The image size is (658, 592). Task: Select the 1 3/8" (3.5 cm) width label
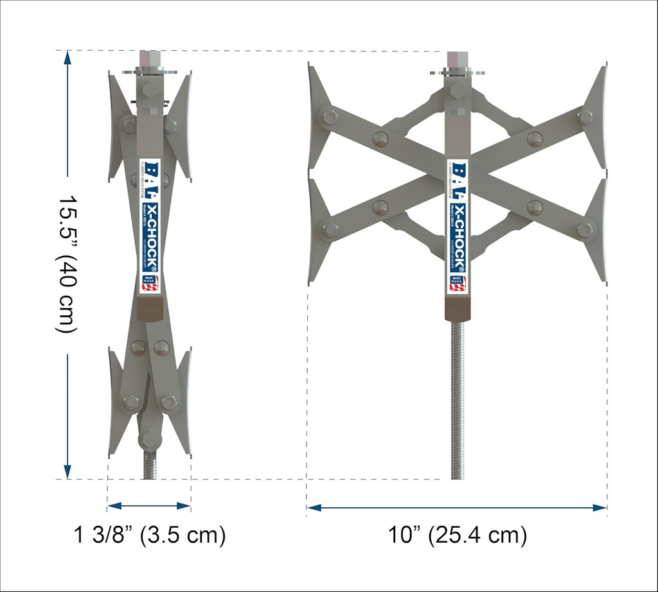[150, 535]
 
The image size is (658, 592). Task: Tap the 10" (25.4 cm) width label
[457, 535]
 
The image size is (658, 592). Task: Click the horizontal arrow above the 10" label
[457, 507]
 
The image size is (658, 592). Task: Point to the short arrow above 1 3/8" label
[149, 506]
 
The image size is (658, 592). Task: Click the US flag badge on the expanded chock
[457, 283]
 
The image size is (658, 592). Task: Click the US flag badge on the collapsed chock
[150, 283]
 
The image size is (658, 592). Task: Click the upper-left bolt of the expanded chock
[330, 117]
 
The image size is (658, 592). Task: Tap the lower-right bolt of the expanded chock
[584, 230]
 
